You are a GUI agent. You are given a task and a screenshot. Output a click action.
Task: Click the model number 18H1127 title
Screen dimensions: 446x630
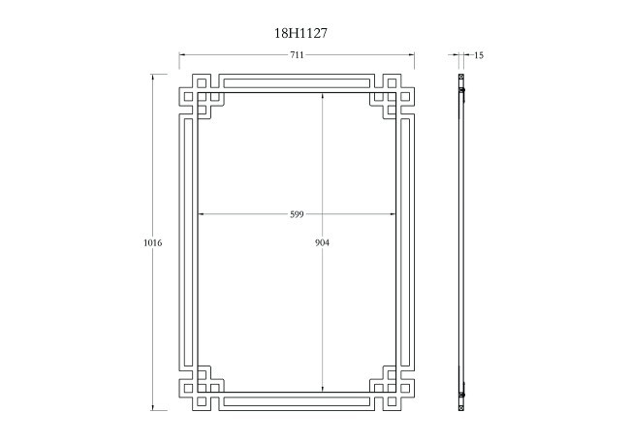click(300, 32)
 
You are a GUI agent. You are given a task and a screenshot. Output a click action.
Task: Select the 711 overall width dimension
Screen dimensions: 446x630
click(297, 55)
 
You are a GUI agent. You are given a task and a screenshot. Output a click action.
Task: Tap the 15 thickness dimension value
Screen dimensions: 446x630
click(478, 55)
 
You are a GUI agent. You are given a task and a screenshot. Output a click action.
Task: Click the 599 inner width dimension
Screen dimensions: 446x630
click(297, 213)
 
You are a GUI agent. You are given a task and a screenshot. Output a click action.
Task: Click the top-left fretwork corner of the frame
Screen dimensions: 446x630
click(202, 96)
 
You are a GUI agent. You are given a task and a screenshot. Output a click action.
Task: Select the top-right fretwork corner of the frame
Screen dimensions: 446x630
click(392, 96)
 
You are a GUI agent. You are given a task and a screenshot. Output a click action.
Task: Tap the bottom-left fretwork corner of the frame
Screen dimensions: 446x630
click(202, 387)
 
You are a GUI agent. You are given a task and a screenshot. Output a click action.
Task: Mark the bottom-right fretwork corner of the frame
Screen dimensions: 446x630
click(392, 387)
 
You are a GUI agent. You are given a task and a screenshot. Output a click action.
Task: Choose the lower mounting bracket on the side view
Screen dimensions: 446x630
click(463, 393)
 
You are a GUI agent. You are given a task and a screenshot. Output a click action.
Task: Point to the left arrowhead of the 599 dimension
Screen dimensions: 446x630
click(201, 213)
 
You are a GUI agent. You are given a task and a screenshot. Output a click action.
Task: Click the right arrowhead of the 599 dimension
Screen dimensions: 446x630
click(394, 213)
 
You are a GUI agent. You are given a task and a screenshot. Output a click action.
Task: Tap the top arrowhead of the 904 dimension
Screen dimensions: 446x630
click(323, 94)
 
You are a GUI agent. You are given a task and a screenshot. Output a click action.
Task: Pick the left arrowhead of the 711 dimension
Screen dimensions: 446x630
click(182, 55)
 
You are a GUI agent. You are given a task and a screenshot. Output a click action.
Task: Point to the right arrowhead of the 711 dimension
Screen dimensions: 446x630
click(412, 55)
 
